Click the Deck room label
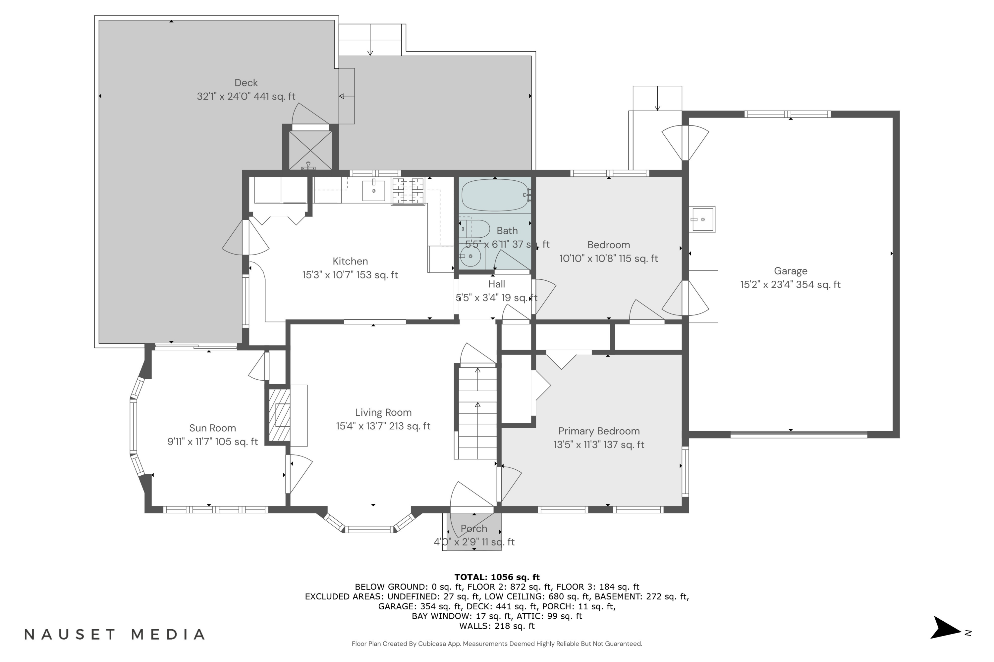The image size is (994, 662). (x=246, y=83)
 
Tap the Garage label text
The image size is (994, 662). (x=790, y=271)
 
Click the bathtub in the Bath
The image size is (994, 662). (x=495, y=195)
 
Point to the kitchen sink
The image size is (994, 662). (x=374, y=190)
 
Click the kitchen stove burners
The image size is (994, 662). (x=408, y=191)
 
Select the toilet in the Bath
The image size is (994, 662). (x=474, y=228)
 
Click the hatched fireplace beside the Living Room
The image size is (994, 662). (x=279, y=415)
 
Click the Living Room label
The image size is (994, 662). (x=383, y=412)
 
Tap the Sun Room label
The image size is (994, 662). (x=213, y=428)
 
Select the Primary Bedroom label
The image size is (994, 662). (x=599, y=431)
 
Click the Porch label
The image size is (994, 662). (x=474, y=529)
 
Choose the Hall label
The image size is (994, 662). (x=497, y=284)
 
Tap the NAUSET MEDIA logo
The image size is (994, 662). (x=115, y=635)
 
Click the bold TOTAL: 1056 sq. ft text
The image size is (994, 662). (x=497, y=577)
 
